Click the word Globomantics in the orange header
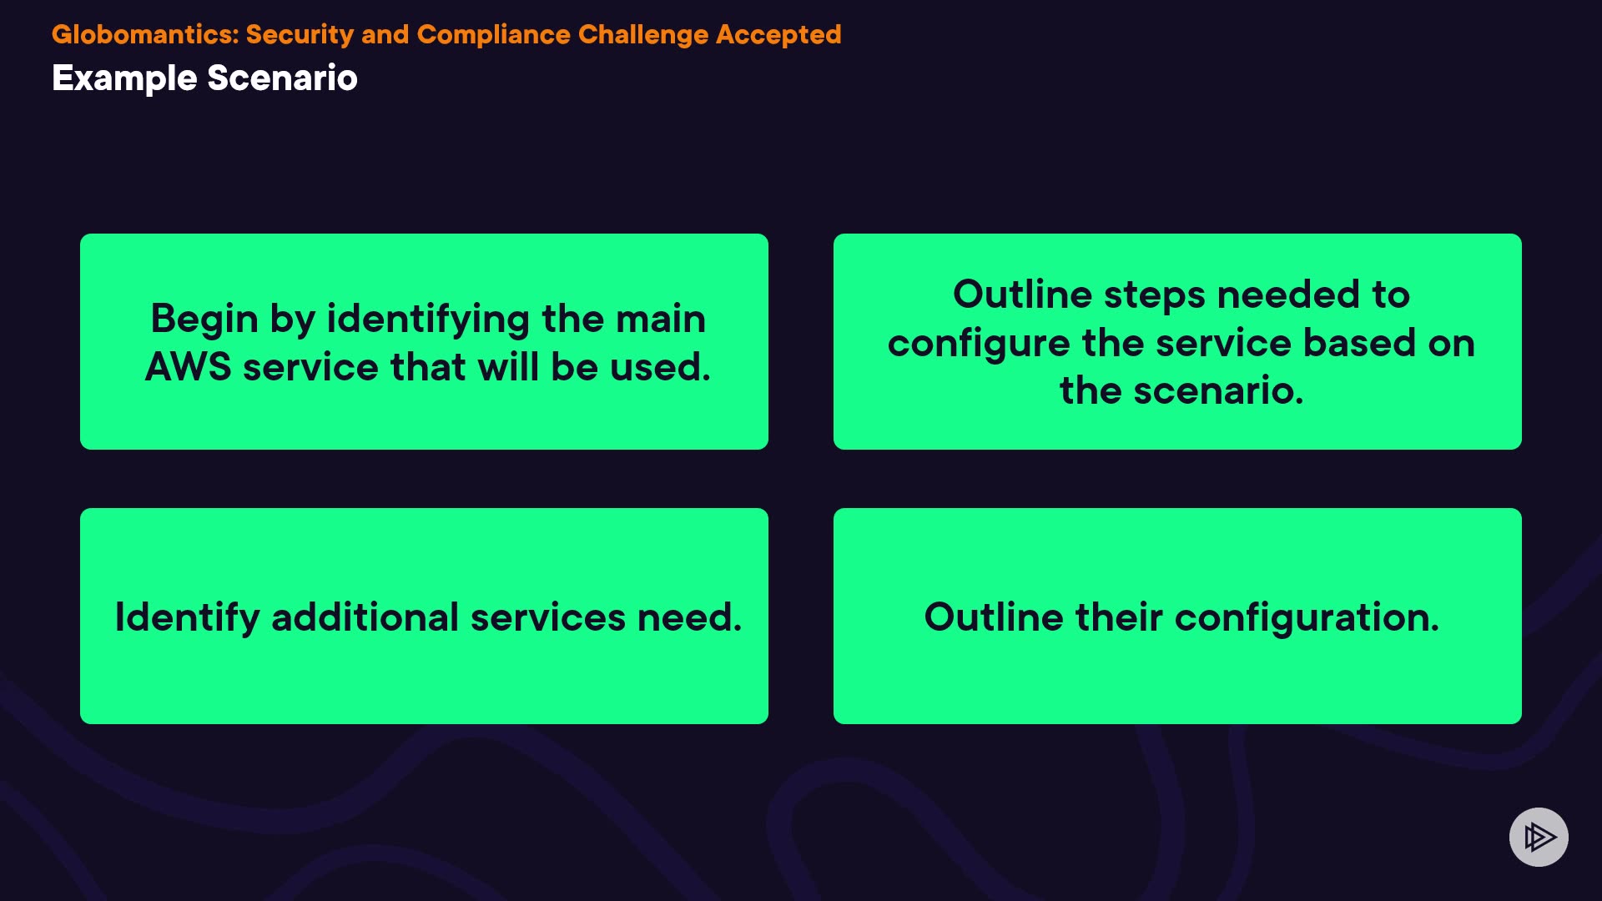pos(145,35)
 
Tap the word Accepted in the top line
pos(778,35)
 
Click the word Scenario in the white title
pos(282,78)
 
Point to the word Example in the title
pos(124,78)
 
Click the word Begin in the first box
pos(204,320)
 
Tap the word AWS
pos(188,367)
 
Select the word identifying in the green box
pos(428,320)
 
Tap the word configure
pos(979,344)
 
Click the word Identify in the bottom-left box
pos(187,618)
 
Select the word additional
pos(365,617)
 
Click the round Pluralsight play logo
pos(1539,837)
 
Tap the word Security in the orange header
pos(300,35)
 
